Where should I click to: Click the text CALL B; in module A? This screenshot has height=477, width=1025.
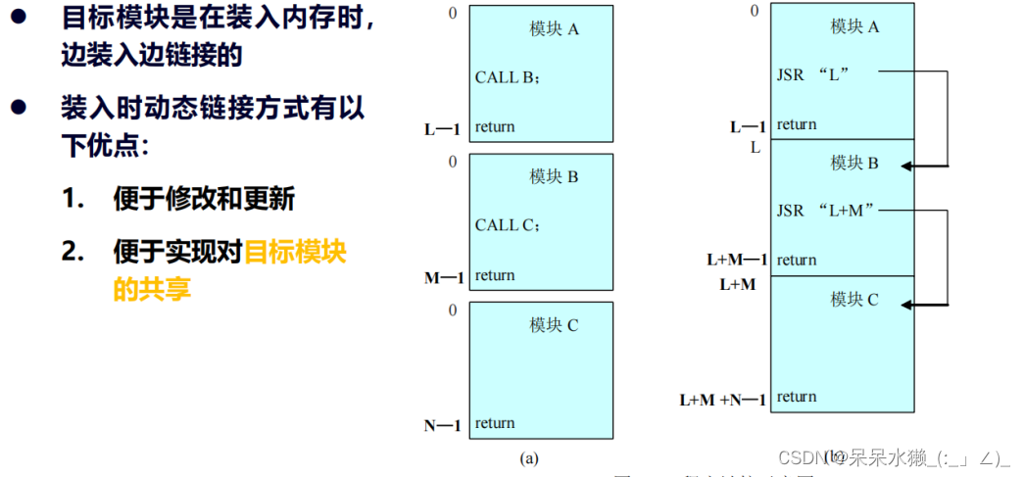pos(510,77)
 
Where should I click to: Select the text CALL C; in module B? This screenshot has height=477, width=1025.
pos(509,225)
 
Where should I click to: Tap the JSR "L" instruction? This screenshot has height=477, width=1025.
pos(810,73)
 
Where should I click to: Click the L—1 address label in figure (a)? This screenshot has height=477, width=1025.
pos(443,128)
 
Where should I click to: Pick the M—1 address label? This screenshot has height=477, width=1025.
pos(444,277)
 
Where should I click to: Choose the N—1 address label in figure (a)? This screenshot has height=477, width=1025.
pos(443,425)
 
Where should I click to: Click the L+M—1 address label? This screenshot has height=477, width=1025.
pos(737,261)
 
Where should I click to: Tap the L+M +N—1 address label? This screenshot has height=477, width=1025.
pos(722,400)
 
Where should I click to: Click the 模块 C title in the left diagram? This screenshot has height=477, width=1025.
pos(555,325)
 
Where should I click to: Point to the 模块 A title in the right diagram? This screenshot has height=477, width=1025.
pos(854,26)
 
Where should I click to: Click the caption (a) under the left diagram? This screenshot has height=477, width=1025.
pos(529,457)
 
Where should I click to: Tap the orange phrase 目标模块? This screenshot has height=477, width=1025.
pos(295,252)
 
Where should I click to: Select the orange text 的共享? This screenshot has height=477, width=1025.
pos(152,289)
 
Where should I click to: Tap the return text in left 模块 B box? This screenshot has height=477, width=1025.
pos(495,276)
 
